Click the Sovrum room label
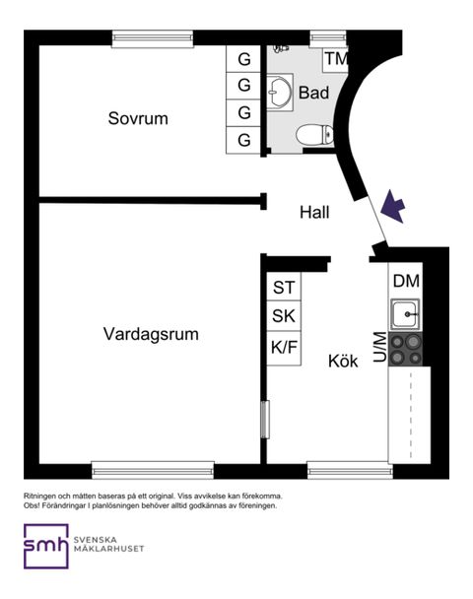(x=138, y=118)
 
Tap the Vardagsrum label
(x=151, y=334)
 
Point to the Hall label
(x=314, y=213)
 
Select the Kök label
(x=343, y=361)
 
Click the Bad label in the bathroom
(x=313, y=93)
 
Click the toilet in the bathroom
(x=314, y=134)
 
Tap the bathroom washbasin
(x=279, y=92)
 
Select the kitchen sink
(x=405, y=314)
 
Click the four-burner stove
(x=406, y=349)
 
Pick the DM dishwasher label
(x=406, y=281)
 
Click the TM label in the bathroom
(x=336, y=59)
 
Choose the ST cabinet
(x=284, y=287)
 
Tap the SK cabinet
(x=284, y=316)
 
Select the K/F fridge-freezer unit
(x=284, y=348)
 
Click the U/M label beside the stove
(x=380, y=347)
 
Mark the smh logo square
(x=46, y=546)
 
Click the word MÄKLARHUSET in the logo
(x=109, y=549)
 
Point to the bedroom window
(x=153, y=39)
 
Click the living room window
(x=153, y=470)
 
